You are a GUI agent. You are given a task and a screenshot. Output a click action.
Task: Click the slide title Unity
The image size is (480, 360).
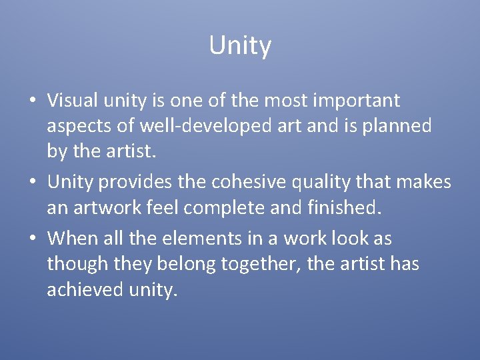(240, 46)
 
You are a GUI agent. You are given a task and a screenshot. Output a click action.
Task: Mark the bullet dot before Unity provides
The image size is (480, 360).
(32, 183)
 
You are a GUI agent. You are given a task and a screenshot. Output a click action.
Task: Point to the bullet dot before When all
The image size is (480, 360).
(32, 239)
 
